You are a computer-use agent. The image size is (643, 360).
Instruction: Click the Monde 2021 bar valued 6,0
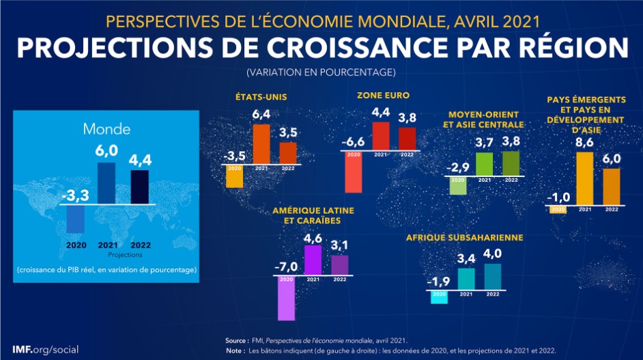coord(106,183)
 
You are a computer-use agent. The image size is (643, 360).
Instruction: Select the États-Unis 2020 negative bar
coord(235,177)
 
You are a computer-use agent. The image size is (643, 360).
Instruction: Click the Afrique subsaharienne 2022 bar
coord(492,276)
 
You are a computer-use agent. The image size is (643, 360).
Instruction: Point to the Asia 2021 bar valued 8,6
coord(585,178)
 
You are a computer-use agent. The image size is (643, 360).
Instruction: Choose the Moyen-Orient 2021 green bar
coord(484,164)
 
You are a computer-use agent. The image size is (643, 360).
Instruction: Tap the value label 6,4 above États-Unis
coord(261,114)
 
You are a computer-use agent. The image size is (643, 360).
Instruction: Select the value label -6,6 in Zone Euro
coord(354,141)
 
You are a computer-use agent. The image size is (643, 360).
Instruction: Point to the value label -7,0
coord(286,266)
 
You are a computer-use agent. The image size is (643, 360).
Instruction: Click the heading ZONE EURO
coord(383,96)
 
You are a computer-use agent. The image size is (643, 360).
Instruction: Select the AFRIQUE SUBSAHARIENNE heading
coord(464,238)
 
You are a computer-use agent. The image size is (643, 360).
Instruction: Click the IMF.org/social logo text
coord(45,349)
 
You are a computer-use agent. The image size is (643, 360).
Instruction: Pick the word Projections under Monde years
coord(119,254)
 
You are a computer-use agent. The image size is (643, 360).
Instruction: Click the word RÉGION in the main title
coord(570,48)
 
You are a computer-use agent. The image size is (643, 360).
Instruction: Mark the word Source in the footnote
coord(236,340)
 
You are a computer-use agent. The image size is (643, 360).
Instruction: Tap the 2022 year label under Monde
coord(139,245)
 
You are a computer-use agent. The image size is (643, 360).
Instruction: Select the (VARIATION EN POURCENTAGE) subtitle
coord(321,72)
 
